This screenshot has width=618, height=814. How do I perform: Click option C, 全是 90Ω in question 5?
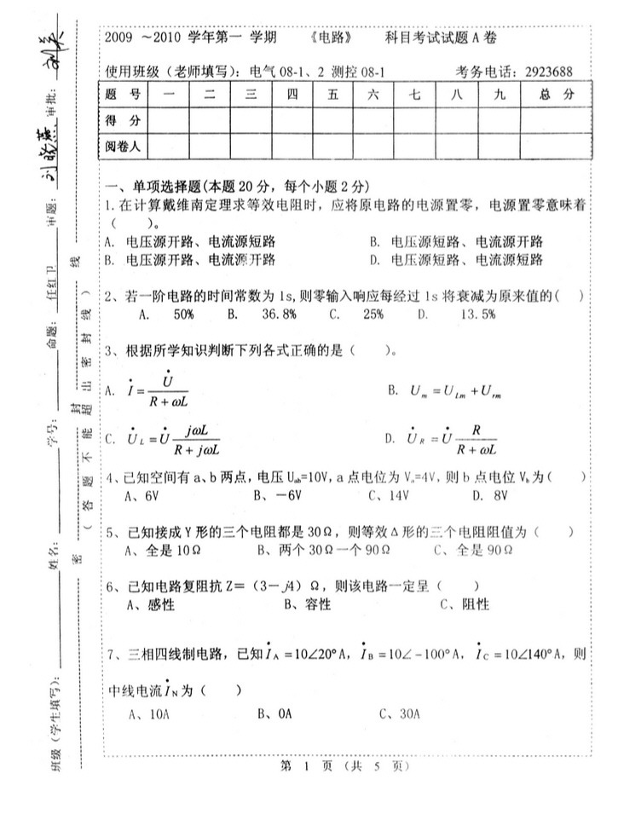[x=471, y=550]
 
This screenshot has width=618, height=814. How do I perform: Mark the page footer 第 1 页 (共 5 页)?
[x=345, y=766]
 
